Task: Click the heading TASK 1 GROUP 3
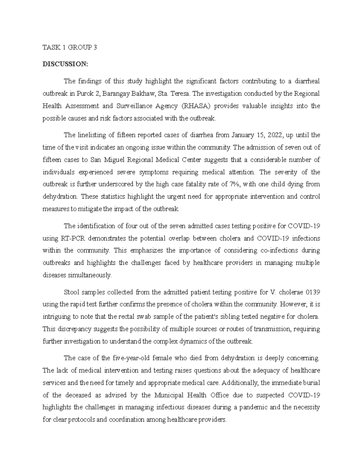tap(70, 47)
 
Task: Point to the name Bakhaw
tap(142, 94)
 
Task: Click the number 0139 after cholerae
tap(313, 292)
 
